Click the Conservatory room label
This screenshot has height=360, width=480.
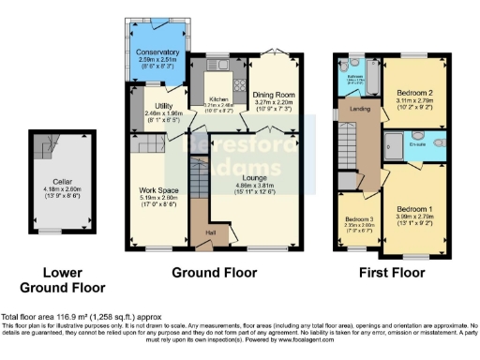[157, 52]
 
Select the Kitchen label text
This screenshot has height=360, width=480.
[218, 97]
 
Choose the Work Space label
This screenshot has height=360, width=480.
[151, 190]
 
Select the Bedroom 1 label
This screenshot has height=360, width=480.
[412, 208]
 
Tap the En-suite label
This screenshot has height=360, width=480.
[418, 144]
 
